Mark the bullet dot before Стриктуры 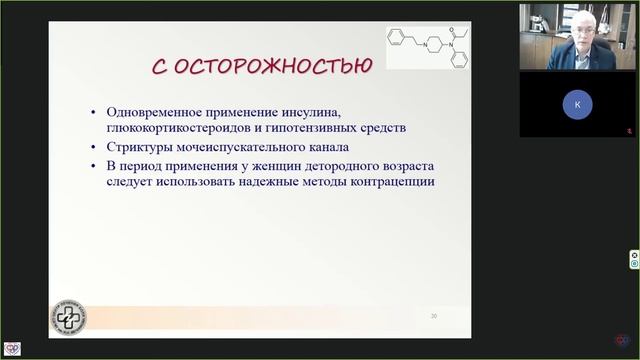(x=94, y=148)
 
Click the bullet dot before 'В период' (x=94, y=166)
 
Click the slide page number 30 (x=434, y=316)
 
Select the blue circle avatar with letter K (x=577, y=104)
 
